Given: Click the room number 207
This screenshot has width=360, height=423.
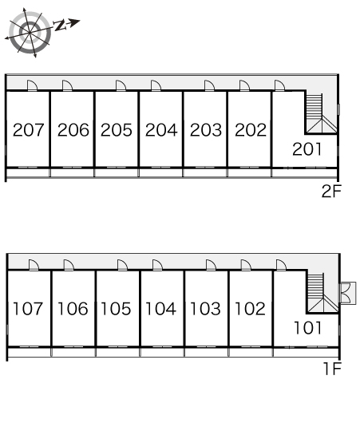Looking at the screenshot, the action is pyautogui.click(x=28, y=130).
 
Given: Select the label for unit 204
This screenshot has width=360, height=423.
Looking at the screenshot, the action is pyautogui.click(x=161, y=130).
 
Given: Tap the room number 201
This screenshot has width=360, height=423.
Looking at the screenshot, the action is pyautogui.click(x=307, y=149).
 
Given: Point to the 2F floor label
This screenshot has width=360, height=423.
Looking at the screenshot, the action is pyautogui.click(x=331, y=191).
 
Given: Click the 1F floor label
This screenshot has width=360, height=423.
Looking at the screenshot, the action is pyautogui.click(x=333, y=369).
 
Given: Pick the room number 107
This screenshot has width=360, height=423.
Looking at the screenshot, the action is pyautogui.click(x=28, y=309).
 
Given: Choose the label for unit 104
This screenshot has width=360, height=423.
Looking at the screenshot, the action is pyautogui.click(x=160, y=309).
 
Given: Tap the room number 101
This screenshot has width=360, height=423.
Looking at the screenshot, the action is pyautogui.click(x=307, y=328).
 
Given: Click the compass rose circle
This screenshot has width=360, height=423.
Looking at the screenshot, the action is pyautogui.click(x=30, y=33).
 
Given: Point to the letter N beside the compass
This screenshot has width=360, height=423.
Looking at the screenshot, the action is pyautogui.click(x=60, y=26).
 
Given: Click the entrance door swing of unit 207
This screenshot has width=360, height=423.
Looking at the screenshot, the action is pyautogui.click(x=33, y=85).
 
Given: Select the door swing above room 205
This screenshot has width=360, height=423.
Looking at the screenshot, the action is pyautogui.click(x=121, y=85).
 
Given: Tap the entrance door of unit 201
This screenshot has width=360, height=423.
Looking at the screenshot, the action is pyautogui.click(x=279, y=85).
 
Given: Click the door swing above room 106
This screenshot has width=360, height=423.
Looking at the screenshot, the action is pyautogui.click(x=69, y=265).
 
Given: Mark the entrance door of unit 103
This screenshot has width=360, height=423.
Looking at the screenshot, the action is pyautogui.click(x=211, y=265).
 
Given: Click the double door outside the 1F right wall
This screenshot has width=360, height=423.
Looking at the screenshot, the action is pyautogui.click(x=348, y=293).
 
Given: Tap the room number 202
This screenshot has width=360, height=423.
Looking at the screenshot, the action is pyautogui.click(x=251, y=130).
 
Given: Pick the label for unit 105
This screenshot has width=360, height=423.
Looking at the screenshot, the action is pyautogui.click(x=116, y=309).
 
